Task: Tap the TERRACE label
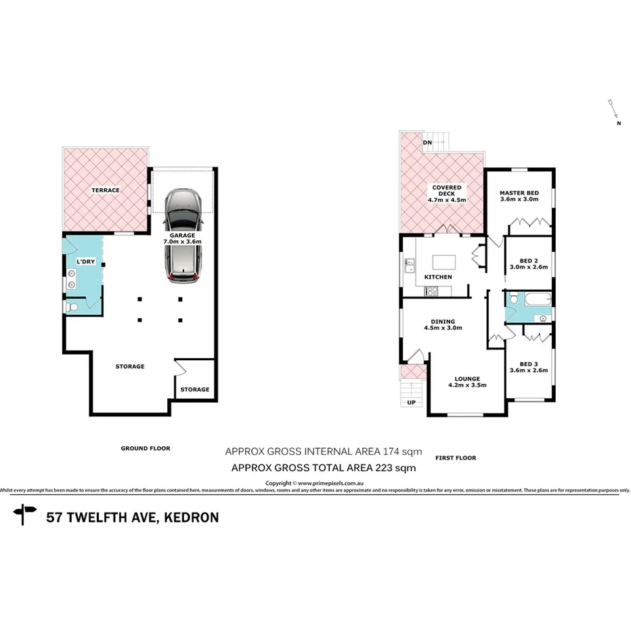[x=106, y=190]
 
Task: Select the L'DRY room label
[x=85, y=261]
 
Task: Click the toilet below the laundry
[x=73, y=308]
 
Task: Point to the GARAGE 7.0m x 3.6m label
[x=182, y=237]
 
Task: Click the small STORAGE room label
[x=194, y=389]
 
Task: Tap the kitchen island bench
[x=443, y=260]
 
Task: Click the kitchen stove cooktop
[x=431, y=291]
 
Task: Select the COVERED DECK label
[x=444, y=194]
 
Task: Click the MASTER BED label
[x=519, y=194]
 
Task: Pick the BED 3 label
[x=527, y=366]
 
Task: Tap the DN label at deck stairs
[x=427, y=143]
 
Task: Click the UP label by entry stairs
[x=411, y=403]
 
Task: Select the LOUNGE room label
[x=467, y=382]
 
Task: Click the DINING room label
[x=442, y=325]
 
